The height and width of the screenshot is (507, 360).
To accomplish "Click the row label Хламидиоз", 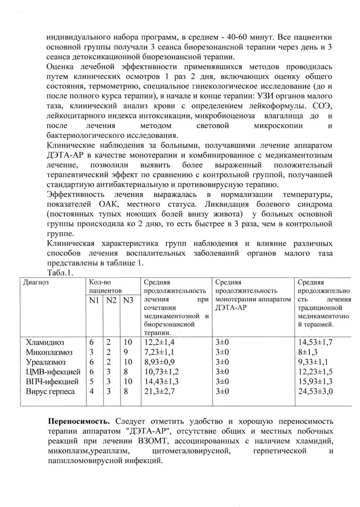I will click(46, 342).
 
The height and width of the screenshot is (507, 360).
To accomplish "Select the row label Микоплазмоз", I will click(49, 352).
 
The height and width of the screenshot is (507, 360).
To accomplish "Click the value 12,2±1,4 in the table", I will click(159, 342).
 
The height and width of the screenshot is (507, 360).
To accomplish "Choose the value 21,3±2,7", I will click(159, 392).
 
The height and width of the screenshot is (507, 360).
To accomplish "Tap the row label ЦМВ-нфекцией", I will click(52, 372).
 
